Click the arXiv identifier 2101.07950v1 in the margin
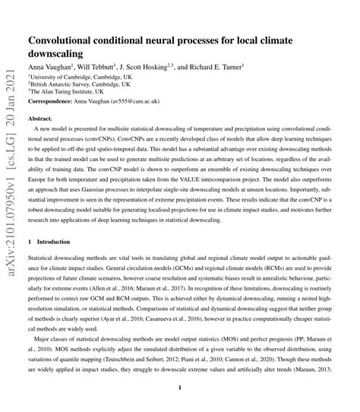pos(11,183)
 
